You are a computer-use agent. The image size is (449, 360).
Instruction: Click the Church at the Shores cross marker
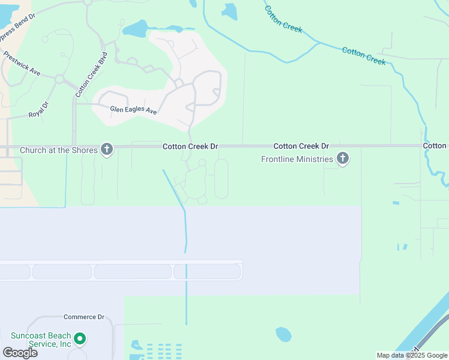(107, 149)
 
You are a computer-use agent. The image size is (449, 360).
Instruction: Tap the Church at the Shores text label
(58, 150)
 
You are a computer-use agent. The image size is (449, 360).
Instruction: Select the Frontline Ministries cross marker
(343, 159)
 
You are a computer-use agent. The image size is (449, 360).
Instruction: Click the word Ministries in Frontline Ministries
(313, 159)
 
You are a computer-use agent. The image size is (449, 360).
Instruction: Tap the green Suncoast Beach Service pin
(79, 340)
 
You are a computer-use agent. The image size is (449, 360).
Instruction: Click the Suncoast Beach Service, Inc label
(41, 340)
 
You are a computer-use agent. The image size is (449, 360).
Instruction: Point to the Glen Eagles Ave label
(133, 110)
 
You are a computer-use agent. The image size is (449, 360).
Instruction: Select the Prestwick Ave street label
(22, 63)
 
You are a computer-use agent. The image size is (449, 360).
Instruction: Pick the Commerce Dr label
(84, 317)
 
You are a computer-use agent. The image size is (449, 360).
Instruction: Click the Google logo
(20, 353)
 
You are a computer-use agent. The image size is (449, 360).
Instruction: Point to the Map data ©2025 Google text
(412, 355)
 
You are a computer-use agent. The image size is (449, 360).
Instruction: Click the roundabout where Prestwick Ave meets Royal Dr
(59, 79)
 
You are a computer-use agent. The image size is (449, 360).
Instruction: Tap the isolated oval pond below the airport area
(283, 334)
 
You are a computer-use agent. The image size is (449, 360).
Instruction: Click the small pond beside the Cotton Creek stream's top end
(230, 10)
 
